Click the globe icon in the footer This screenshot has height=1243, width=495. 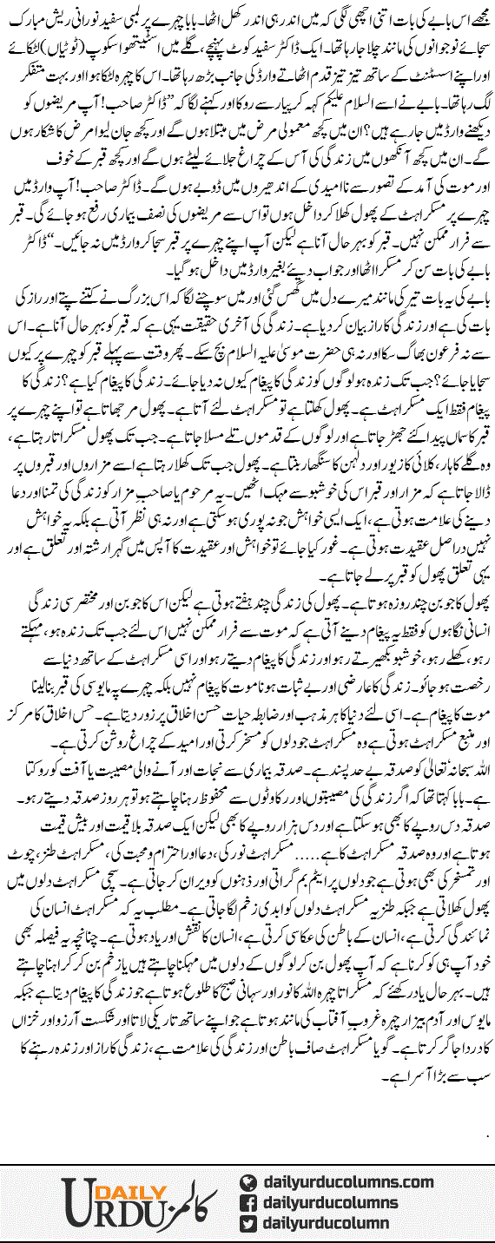tap(248, 1182)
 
